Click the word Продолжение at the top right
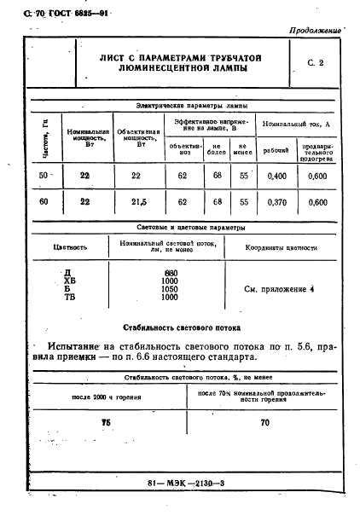click(316, 30)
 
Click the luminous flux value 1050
click(170, 289)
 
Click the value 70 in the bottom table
click(264, 422)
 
